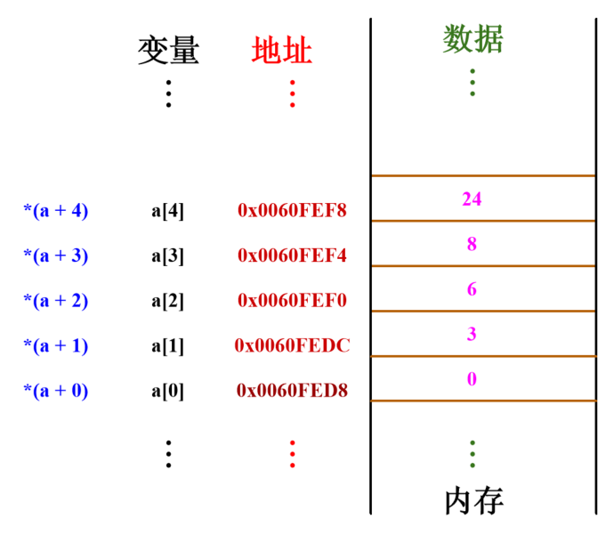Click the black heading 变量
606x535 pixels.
168,51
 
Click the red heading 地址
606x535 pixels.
281,51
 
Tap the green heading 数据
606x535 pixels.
473,39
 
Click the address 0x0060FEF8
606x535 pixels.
292,211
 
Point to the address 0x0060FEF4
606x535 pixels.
292,255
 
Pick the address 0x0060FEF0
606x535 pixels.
292,301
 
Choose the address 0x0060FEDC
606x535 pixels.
292,345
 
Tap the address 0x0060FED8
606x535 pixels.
292,390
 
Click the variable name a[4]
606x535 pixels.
167,211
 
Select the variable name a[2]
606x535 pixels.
167,301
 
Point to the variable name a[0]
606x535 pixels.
167,390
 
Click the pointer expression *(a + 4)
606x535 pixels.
55,211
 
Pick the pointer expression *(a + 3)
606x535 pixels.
55,255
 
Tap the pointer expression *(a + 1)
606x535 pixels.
55,345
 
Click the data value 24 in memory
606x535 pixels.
472,199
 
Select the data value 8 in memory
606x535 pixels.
472,244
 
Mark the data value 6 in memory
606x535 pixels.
472,289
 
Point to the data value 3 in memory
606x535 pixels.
472,335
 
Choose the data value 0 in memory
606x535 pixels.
472,379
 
